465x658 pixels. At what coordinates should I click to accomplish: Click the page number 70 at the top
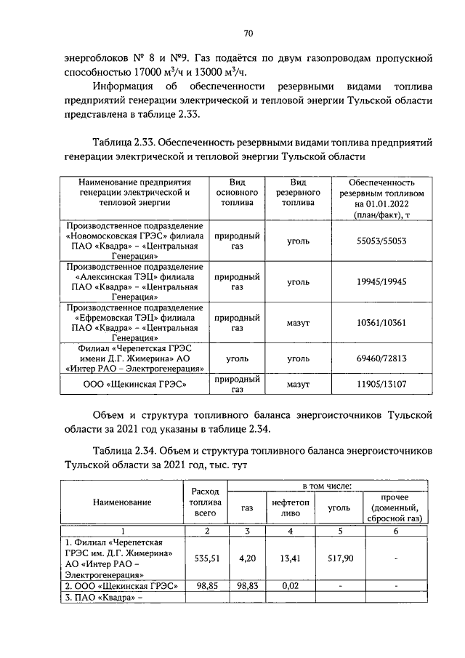coord(248,33)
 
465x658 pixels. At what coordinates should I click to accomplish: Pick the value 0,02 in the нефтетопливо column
coord(290,585)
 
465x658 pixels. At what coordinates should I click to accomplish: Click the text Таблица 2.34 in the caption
coord(123,450)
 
